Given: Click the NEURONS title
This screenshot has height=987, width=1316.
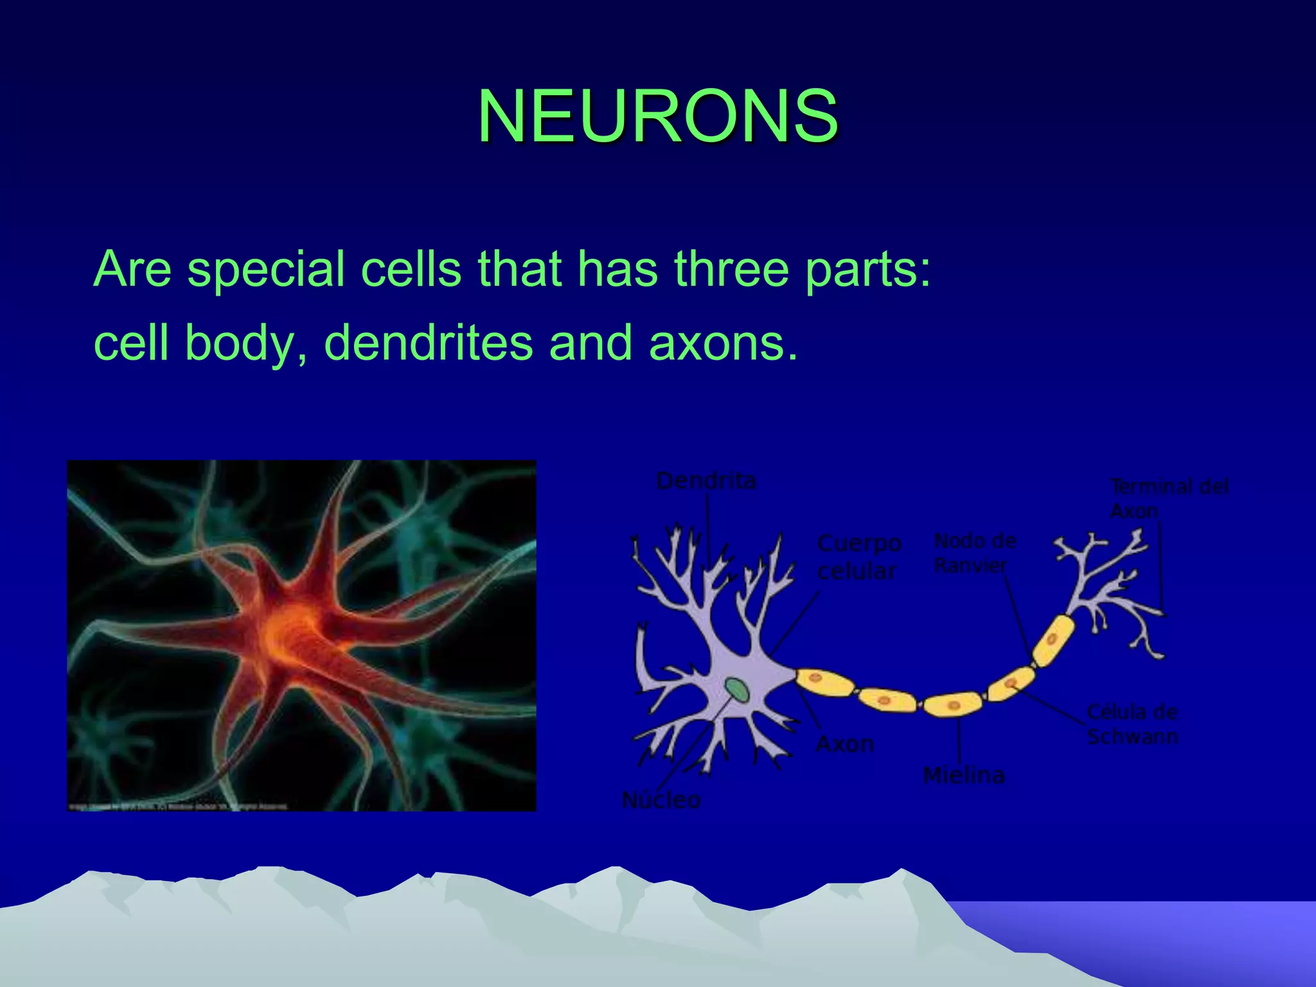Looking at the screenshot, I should point(657,116).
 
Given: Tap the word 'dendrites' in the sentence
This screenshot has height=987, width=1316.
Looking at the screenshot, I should point(429,342).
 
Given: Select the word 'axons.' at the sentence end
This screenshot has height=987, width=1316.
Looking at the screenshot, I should point(724,342).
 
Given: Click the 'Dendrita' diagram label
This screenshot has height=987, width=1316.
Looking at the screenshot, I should point(706,481).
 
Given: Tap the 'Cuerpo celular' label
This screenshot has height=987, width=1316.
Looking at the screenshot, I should point(858,557).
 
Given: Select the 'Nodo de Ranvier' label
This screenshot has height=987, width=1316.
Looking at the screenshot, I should point(974,553).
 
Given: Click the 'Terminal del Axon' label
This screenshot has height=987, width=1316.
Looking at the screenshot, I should point(1169,499).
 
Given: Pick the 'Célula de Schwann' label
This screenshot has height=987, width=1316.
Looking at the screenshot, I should point(1132,724).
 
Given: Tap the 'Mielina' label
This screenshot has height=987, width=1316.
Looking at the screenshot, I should point(963,776).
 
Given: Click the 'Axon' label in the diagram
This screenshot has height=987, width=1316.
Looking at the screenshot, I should point(845,744).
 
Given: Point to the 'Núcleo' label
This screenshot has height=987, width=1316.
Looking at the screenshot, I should point(661,800).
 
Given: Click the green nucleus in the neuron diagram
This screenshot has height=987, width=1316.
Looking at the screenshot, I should point(736,689).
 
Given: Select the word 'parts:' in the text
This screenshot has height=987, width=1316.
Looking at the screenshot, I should point(867,269).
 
